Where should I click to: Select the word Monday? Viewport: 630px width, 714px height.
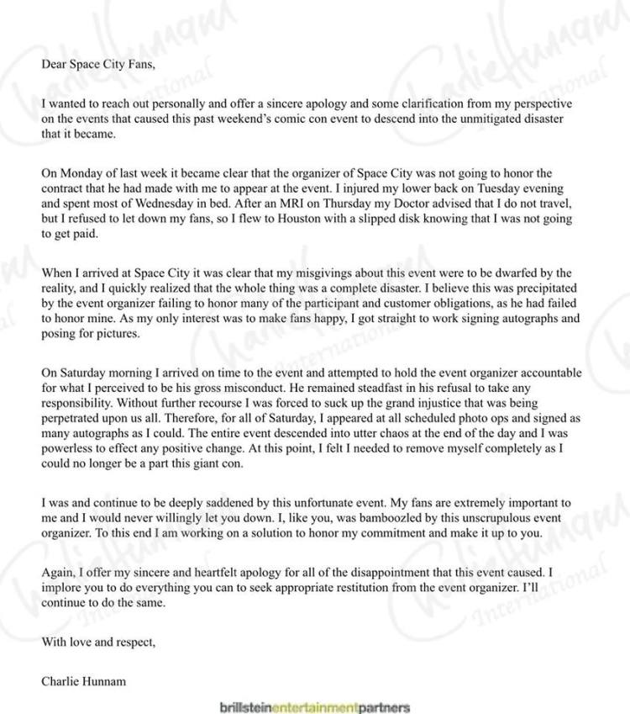(x=77, y=172)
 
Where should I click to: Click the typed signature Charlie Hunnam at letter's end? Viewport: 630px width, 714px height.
(x=83, y=680)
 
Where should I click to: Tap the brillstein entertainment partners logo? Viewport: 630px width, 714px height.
(x=313, y=706)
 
